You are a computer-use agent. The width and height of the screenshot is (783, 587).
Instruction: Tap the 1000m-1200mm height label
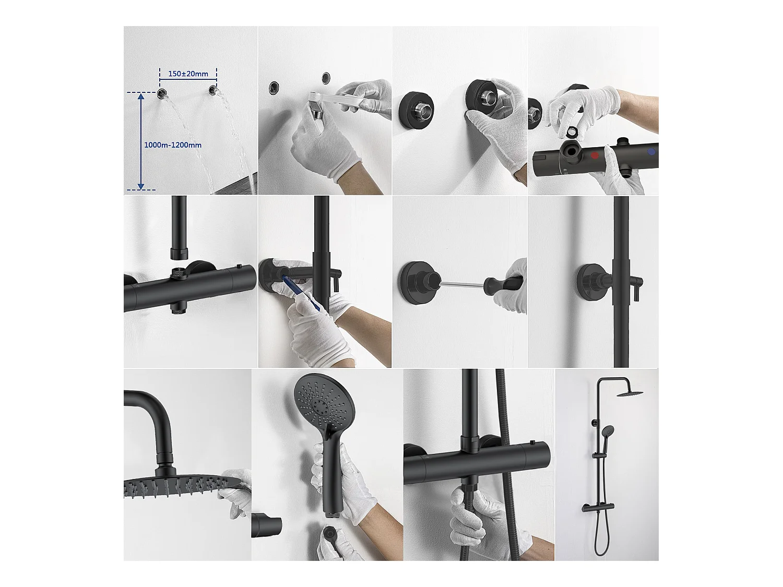pos(173,145)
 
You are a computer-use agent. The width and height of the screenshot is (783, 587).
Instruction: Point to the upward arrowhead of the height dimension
pos(140,97)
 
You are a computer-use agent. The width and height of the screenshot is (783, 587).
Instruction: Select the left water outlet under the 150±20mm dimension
pos(163,93)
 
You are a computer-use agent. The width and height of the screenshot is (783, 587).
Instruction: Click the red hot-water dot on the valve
pos(595,155)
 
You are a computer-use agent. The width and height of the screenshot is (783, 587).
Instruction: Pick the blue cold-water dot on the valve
pos(650,152)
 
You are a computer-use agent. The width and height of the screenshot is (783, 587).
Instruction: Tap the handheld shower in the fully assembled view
pos(608,431)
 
